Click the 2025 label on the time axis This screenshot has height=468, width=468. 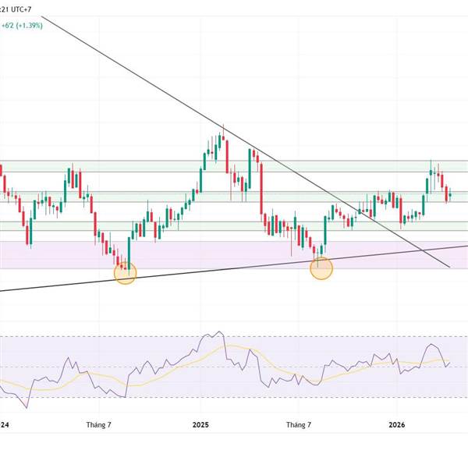point(200,425)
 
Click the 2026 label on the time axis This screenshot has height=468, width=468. point(397,425)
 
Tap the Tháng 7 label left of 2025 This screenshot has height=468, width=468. point(98,425)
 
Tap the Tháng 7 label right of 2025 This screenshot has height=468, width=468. point(299,425)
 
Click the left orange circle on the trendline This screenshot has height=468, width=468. point(125,272)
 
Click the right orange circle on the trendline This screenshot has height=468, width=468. point(321,268)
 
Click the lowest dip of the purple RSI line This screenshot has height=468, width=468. point(28,407)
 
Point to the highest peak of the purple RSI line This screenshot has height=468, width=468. point(208,334)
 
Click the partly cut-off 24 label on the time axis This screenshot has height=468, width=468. point(5,425)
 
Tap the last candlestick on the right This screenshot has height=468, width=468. point(450,195)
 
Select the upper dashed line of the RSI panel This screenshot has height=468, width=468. point(234,337)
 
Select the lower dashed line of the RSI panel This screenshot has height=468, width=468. point(234,396)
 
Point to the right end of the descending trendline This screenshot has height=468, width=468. point(450,268)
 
